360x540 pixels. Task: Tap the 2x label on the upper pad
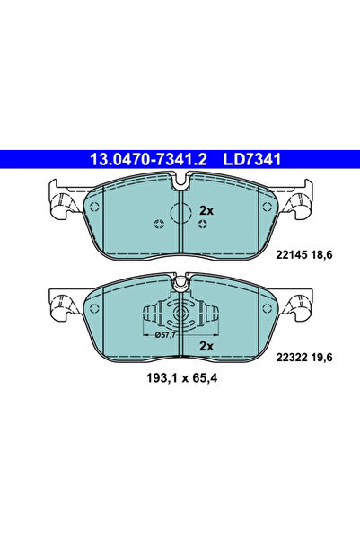click(206, 209)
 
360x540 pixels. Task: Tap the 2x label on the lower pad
click(206, 346)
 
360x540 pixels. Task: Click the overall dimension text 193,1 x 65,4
click(180, 378)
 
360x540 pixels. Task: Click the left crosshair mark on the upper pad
click(159, 224)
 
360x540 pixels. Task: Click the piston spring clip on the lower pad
click(180, 315)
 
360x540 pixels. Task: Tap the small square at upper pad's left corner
click(97, 205)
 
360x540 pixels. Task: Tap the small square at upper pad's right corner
click(264, 205)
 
